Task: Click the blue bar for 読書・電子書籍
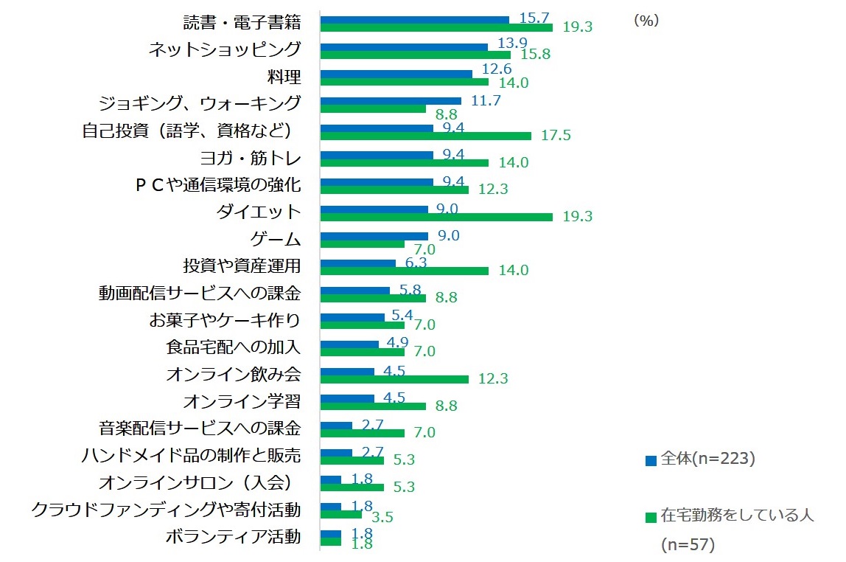click(x=414, y=20)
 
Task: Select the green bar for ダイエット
click(x=436, y=217)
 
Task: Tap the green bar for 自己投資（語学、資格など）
click(x=425, y=136)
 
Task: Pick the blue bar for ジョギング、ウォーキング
click(x=391, y=101)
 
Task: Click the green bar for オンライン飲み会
click(x=394, y=379)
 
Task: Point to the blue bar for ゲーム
click(x=374, y=236)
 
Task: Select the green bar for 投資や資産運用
click(x=404, y=271)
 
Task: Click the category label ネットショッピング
click(x=224, y=49)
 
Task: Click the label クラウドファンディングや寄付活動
click(x=166, y=510)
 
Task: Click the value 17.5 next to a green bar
click(x=556, y=136)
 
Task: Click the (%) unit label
click(x=646, y=21)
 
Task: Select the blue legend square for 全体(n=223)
click(x=651, y=461)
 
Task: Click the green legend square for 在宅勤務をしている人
click(x=651, y=517)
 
